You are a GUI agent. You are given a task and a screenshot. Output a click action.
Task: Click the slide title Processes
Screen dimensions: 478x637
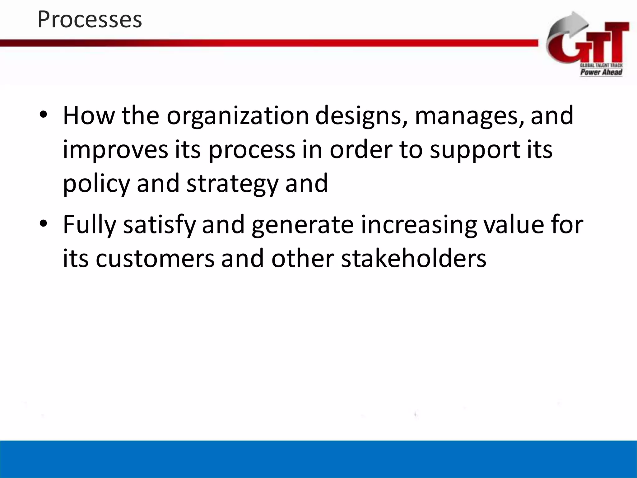90,19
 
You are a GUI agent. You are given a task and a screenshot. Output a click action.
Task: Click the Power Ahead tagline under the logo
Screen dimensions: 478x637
601,72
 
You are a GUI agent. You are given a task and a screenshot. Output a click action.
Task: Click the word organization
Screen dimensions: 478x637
238,116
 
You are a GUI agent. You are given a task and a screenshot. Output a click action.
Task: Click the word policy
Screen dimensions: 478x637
96,184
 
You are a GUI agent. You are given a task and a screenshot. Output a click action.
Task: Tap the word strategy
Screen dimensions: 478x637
232,184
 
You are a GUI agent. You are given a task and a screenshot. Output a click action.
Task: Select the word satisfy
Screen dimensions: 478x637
160,225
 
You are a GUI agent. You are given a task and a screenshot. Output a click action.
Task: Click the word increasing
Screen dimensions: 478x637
419,225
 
